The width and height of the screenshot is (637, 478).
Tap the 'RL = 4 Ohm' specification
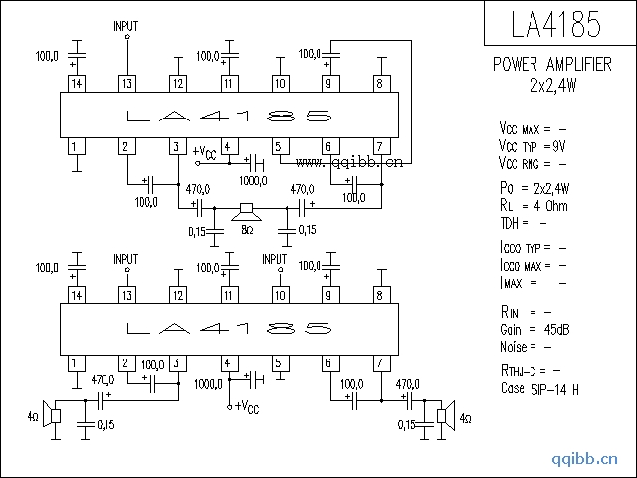532,205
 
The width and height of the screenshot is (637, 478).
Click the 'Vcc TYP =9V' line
532,145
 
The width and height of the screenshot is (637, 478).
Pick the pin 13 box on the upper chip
126,84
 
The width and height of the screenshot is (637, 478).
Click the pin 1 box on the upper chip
75,147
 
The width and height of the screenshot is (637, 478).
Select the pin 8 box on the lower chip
379,296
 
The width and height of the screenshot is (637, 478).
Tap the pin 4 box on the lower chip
228,361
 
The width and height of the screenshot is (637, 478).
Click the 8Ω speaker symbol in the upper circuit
244,211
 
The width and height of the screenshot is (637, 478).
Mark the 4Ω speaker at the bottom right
445,415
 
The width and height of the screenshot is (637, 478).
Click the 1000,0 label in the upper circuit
252,180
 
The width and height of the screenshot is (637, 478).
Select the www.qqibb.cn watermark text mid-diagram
347,161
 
